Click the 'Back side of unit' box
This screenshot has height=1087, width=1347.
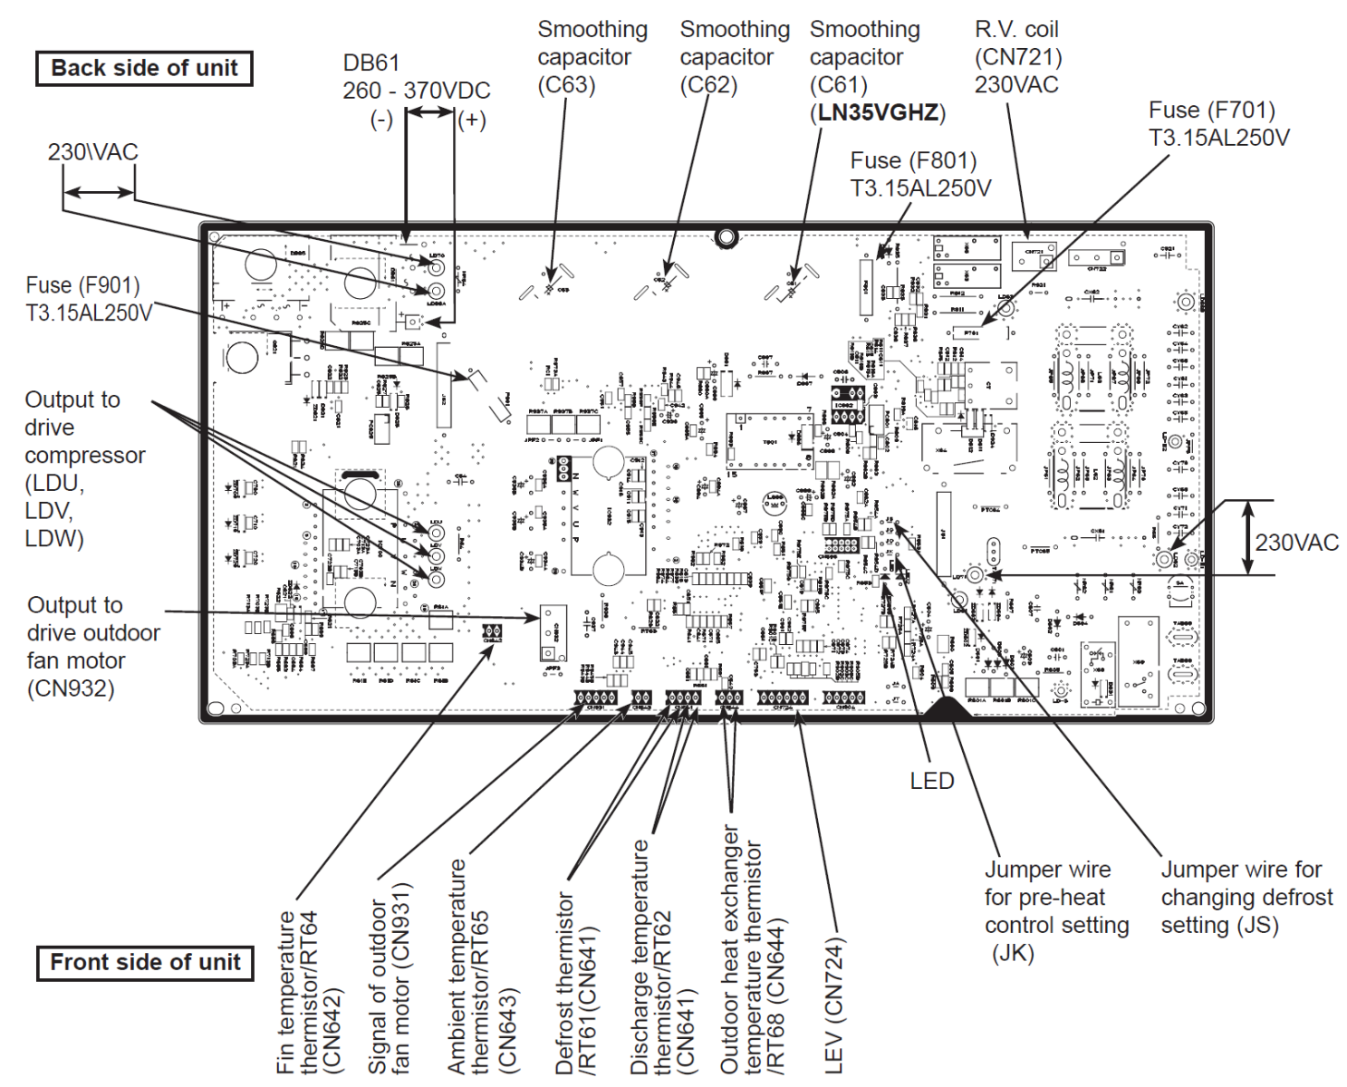pyautogui.click(x=144, y=69)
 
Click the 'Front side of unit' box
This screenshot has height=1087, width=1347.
pyautogui.click(x=145, y=962)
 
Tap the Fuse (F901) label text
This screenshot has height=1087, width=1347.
pyautogui.click(x=89, y=299)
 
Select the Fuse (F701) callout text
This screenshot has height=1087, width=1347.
pyautogui.click(x=1218, y=124)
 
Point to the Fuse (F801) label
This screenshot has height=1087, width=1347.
pyautogui.click(x=919, y=174)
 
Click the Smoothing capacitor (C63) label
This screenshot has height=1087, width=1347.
pyautogui.click(x=592, y=57)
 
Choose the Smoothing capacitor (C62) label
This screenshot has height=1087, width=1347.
pyautogui.click(x=735, y=57)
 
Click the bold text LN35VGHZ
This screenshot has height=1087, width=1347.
pyautogui.click(x=878, y=113)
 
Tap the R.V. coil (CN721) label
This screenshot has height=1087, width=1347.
pyautogui.click(x=1017, y=57)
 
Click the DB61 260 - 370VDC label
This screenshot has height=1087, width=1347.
pyautogui.click(x=416, y=77)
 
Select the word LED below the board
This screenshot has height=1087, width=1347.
pyautogui.click(x=932, y=781)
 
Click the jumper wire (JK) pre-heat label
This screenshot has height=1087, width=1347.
pyautogui.click(x=1056, y=910)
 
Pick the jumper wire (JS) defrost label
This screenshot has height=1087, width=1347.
pyautogui.click(x=1246, y=897)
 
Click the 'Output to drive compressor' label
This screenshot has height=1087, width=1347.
pyautogui.click(x=84, y=468)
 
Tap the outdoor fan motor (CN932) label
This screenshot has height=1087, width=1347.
pyautogui.click(x=92, y=647)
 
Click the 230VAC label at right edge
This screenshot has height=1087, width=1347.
pyautogui.click(x=1296, y=543)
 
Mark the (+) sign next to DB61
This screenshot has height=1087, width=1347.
pyautogui.click(x=472, y=120)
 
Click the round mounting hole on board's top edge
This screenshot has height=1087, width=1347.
pyautogui.click(x=726, y=237)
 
